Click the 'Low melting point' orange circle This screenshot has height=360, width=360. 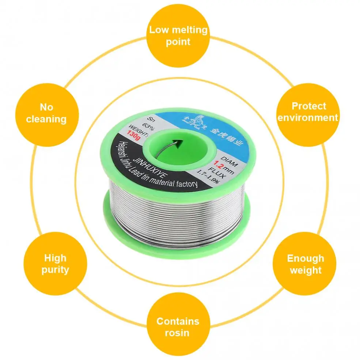click(x=178, y=35)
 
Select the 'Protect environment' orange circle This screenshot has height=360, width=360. click(x=308, y=112)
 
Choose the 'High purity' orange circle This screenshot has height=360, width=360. click(x=55, y=264)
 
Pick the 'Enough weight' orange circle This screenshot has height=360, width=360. click(x=305, y=264)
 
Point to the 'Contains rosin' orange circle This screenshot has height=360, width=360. click(x=178, y=327)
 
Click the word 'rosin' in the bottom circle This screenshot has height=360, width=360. click(x=177, y=333)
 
